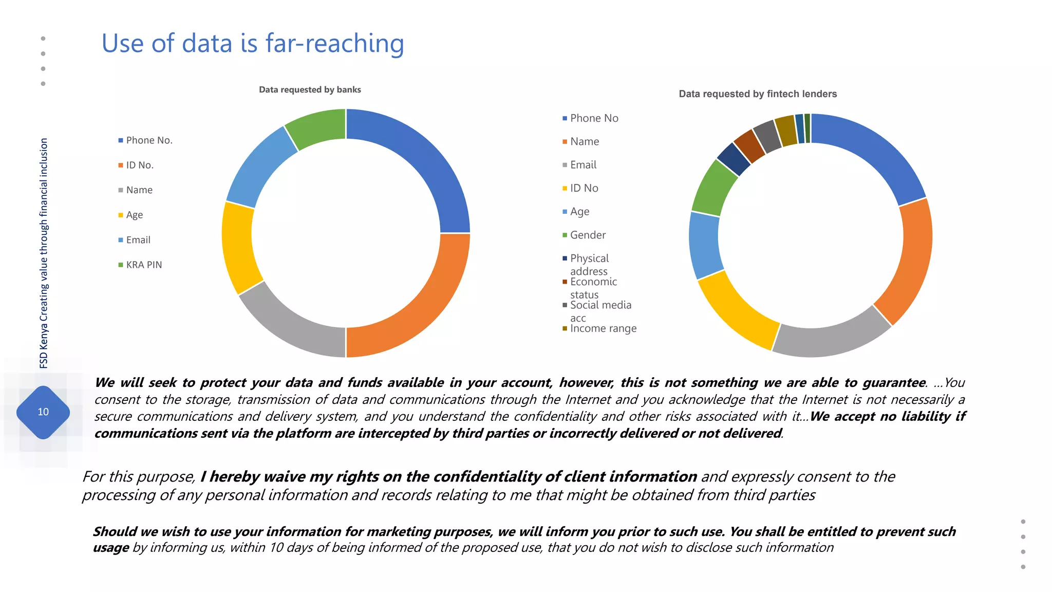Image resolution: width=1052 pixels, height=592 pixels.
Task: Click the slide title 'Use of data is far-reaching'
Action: click(x=253, y=43)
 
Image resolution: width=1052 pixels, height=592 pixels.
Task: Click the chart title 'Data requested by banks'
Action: click(x=310, y=89)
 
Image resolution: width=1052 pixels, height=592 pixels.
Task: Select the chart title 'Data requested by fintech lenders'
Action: click(x=758, y=94)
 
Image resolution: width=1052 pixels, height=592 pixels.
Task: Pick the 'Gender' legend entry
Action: click(x=588, y=235)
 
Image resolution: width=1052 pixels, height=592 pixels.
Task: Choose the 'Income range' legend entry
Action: click(x=603, y=328)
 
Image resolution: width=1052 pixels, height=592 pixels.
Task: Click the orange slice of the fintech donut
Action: click(x=907, y=262)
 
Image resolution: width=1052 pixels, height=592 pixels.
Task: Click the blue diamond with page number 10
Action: click(x=43, y=412)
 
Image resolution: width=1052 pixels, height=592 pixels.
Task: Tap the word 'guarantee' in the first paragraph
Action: click(x=894, y=382)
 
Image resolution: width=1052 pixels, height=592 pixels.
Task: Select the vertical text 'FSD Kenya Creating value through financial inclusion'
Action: click(x=44, y=253)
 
